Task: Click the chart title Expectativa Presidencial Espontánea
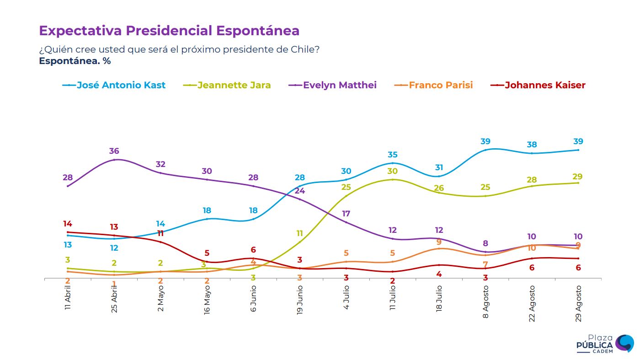point(169,31)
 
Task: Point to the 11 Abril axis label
point(68,297)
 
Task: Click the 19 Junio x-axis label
point(300,298)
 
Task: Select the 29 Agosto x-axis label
point(578,303)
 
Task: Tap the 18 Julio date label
point(439,298)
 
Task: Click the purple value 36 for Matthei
point(114,151)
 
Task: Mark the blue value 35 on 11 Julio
point(393,155)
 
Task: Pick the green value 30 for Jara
point(393,171)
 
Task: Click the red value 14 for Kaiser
point(68,224)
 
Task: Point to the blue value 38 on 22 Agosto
point(532,145)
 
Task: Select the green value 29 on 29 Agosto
point(578,177)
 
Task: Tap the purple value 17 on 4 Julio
point(346,214)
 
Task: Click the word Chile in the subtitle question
point(304,49)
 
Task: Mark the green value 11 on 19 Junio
point(300,233)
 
